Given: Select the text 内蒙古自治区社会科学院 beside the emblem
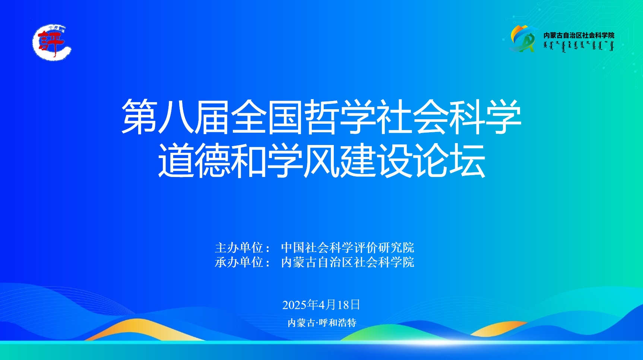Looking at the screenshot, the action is pyautogui.click(x=579, y=35).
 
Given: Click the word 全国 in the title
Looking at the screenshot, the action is pyautogui.click(x=267, y=116).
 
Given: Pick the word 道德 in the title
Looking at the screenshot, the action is pyautogui.click(x=194, y=160).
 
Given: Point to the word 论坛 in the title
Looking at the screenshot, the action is pyautogui.click(x=449, y=160).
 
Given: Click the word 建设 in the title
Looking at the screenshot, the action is pyautogui.click(x=376, y=160).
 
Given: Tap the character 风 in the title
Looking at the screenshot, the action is pyautogui.click(x=322, y=160).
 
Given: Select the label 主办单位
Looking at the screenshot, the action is pyautogui.click(x=239, y=247).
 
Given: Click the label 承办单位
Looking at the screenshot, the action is pyautogui.click(x=239, y=262).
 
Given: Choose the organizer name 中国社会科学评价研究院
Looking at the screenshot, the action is pyautogui.click(x=348, y=247).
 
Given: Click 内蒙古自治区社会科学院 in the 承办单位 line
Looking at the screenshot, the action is pyautogui.click(x=348, y=262).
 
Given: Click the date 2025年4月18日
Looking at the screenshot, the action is pyautogui.click(x=321, y=305).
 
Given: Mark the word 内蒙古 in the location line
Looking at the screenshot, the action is pyautogui.click(x=301, y=322).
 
